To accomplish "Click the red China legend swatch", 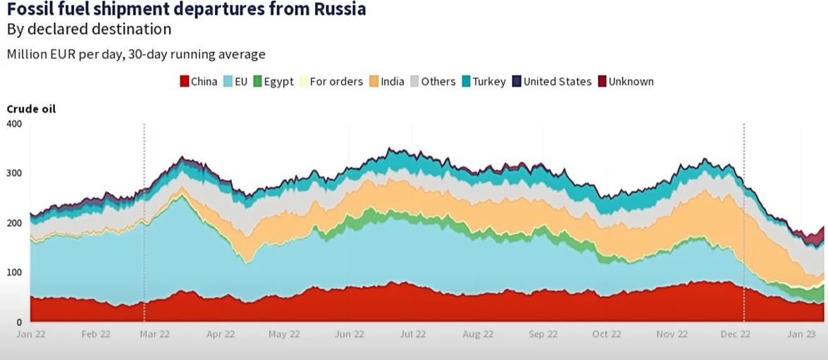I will click(x=185, y=81).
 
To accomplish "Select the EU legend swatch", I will click(x=228, y=81).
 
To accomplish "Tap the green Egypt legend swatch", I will click(x=258, y=81).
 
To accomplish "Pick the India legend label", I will click(x=393, y=81).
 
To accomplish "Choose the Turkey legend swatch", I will click(x=466, y=81).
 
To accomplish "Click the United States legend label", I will click(x=557, y=81).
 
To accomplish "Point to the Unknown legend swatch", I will click(x=602, y=81).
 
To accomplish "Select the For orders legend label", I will click(x=336, y=81).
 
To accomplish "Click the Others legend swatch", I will click(x=415, y=81).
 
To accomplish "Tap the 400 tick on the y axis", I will click(x=14, y=124).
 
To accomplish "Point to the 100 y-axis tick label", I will click(x=14, y=273).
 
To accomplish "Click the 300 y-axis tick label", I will click(x=14, y=173).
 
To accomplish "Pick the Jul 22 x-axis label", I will click(x=413, y=334).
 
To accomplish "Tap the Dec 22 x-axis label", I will click(x=736, y=334).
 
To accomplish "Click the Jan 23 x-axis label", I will click(x=801, y=334).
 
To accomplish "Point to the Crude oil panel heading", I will click(x=31, y=108).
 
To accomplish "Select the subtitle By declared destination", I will click(x=89, y=30).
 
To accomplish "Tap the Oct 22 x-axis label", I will click(x=607, y=334).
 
